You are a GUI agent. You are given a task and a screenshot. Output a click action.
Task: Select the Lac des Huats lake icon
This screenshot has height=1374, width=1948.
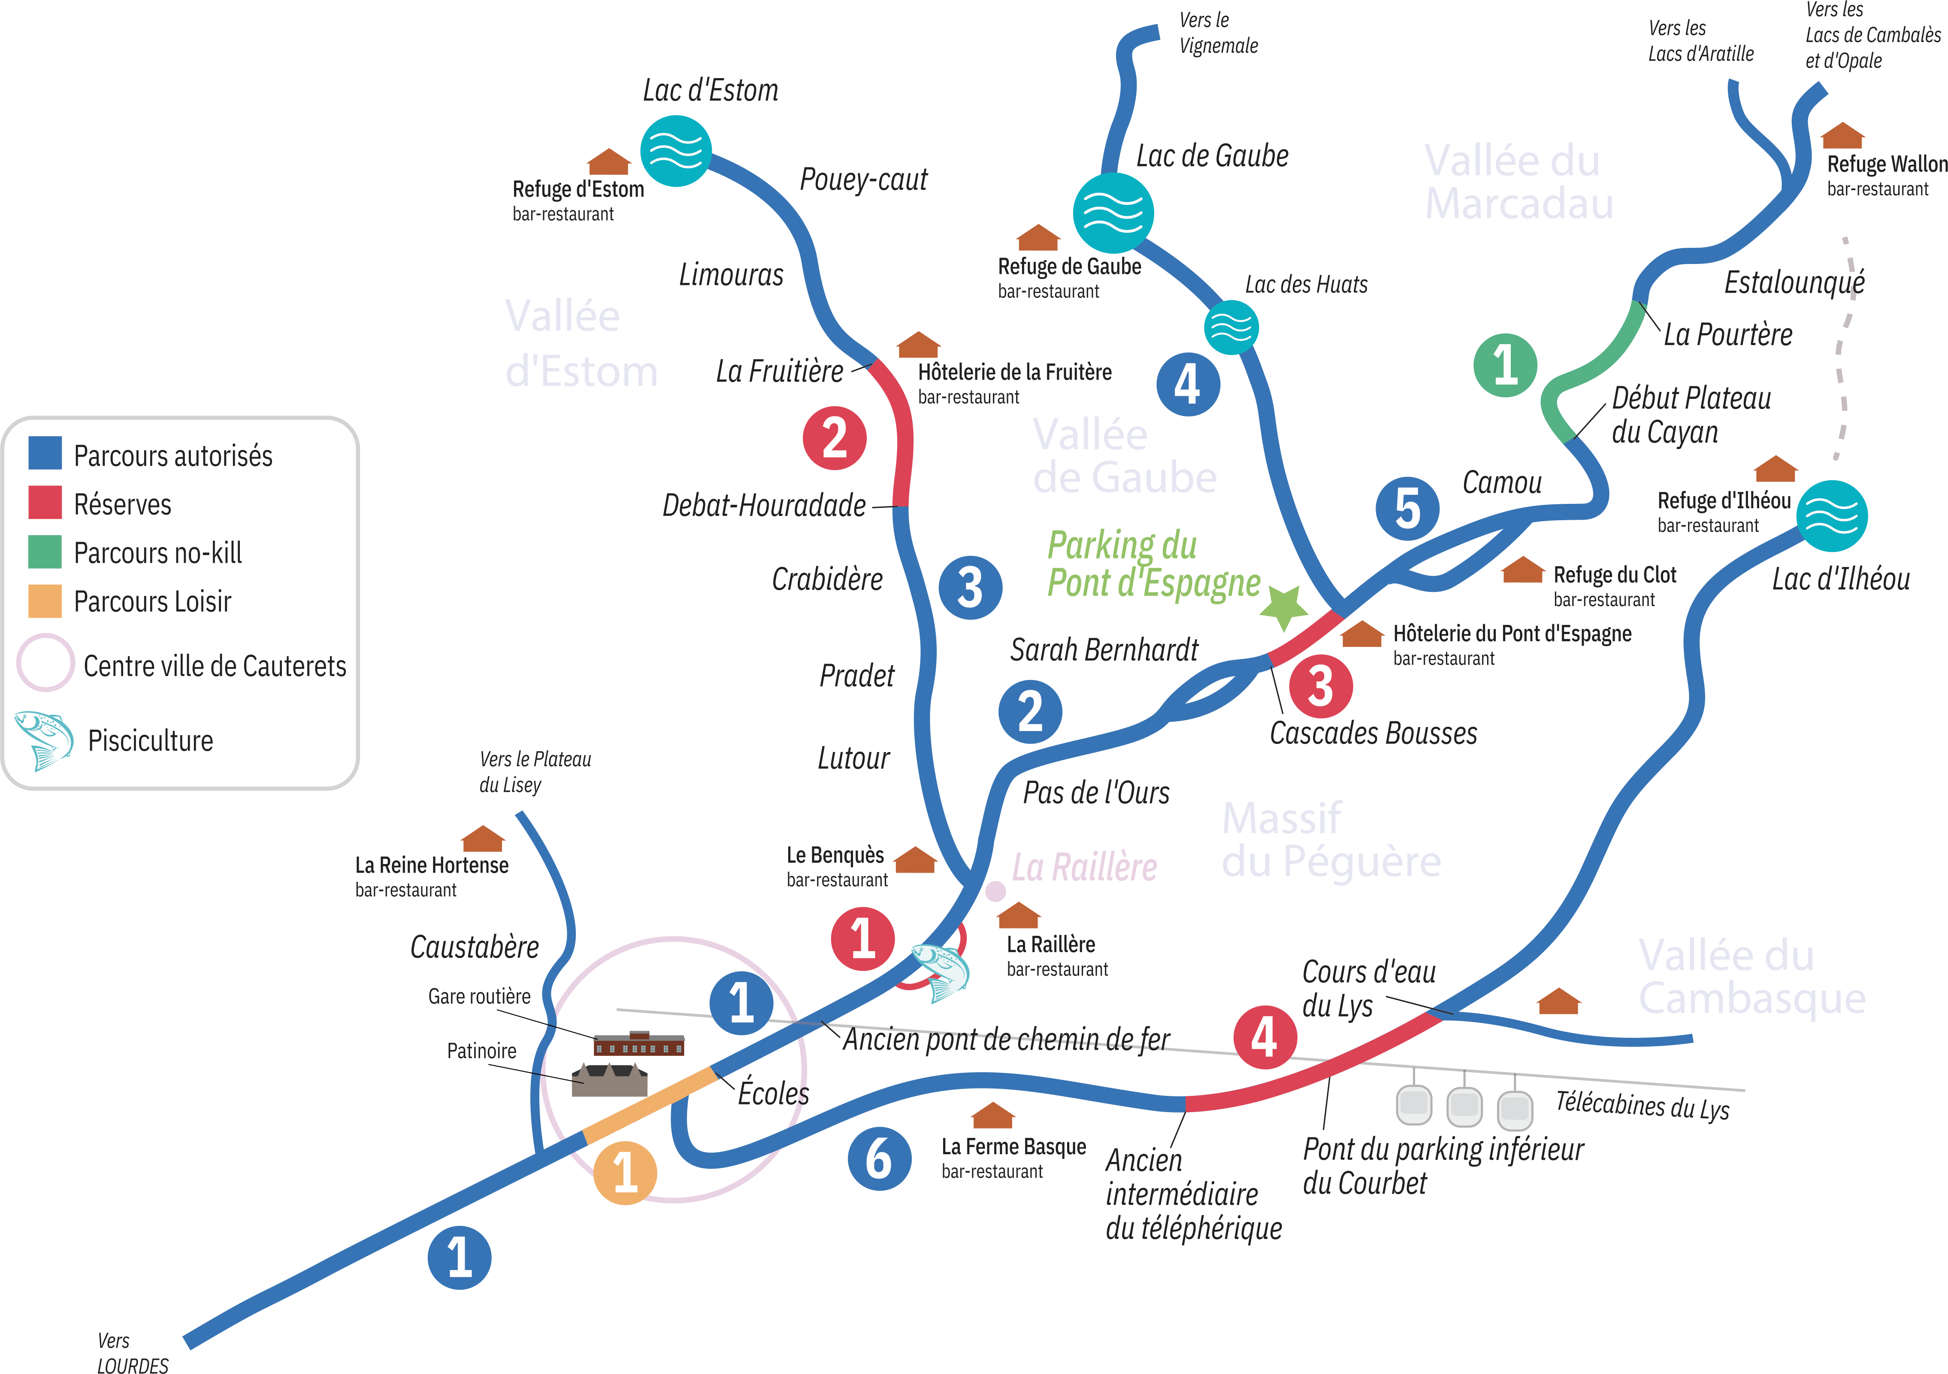(1231, 327)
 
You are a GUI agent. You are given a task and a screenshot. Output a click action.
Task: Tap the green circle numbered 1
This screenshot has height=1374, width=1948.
(1505, 365)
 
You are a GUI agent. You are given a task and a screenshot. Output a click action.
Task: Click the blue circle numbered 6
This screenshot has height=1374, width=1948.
(879, 1159)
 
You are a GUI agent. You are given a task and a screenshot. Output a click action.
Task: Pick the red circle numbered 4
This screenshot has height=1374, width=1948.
(1264, 1037)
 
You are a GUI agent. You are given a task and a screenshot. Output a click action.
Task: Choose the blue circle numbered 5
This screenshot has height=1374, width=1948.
(1407, 508)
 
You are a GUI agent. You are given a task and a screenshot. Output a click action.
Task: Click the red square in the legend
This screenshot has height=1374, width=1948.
(45, 502)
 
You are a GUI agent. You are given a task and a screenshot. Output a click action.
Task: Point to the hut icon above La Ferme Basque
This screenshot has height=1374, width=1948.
(993, 1115)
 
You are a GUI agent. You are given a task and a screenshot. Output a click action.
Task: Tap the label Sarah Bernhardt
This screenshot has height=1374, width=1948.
(1104, 650)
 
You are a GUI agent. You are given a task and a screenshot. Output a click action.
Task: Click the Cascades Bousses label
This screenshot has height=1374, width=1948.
(1373, 733)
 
